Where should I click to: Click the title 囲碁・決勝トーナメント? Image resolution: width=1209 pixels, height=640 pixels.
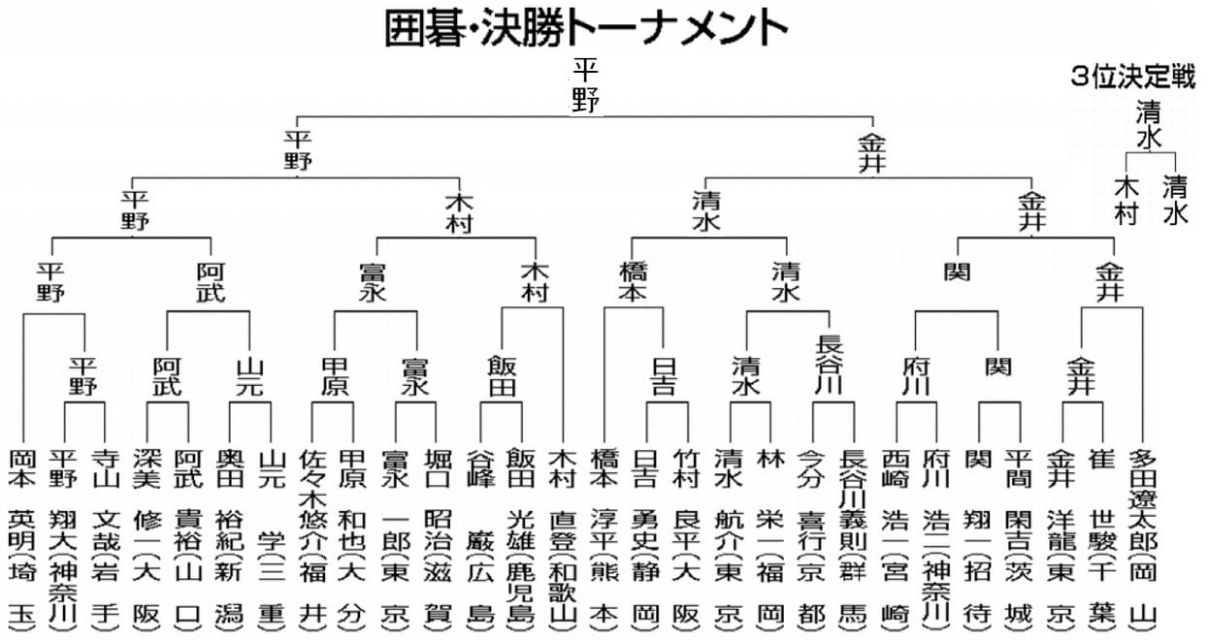click(585, 29)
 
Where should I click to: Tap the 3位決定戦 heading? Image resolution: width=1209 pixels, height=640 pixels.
click(1133, 79)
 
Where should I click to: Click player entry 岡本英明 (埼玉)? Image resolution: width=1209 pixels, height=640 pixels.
click(21, 538)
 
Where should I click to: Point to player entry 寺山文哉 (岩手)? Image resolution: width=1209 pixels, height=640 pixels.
click(105, 538)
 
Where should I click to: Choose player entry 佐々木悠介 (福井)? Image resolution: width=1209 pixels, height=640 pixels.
click(312, 538)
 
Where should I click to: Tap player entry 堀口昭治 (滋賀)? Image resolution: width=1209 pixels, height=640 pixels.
click(438, 538)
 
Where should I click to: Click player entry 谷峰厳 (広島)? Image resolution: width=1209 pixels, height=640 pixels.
click(479, 538)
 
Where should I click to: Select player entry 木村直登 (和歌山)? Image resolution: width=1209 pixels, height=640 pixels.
click(563, 538)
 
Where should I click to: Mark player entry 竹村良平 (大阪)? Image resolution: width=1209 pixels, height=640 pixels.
click(688, 538)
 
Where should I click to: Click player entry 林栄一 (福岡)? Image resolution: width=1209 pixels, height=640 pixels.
click(772, 538)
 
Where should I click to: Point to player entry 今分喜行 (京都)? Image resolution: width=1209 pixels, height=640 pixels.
click(813, 538)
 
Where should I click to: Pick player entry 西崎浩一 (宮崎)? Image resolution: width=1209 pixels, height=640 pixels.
click(896, 538)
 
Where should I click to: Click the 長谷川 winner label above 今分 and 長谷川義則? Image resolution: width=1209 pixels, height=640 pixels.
click(831, 365)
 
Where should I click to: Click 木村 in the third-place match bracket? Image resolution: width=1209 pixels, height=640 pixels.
click(1126, 200)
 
